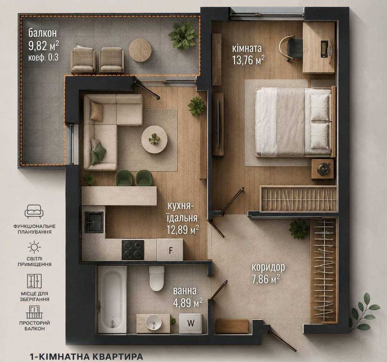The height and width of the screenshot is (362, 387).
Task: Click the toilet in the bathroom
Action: (x=157, y=279)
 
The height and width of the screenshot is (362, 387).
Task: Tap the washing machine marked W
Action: (x=190, y=324)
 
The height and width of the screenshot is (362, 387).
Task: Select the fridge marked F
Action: (x=170, y=250)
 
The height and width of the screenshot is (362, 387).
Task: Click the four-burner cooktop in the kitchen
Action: (x=133, y=250)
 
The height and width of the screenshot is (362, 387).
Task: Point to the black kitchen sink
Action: (x=94, y=222)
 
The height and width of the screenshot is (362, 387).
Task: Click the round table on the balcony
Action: (x=140, y=50)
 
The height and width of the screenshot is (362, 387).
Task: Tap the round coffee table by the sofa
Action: (x=155, y=139)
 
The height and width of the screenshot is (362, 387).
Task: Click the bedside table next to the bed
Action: (x=323, y=169)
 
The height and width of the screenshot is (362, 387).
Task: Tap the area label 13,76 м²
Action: (x=248, y=60)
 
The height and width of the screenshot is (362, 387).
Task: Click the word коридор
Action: (x=268, y=267)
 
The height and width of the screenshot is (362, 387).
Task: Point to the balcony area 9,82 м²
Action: (x=44, y=46)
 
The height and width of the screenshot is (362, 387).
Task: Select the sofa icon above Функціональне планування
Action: (x=34, y=211)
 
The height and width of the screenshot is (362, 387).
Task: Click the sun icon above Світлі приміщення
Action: (x=34, y=247)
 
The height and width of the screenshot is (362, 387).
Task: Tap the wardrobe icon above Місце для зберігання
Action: (x=34, y=281)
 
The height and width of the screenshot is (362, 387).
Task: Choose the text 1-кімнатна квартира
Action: (x=86, y=356)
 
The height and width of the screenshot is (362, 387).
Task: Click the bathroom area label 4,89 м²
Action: (x=188, y=302)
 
